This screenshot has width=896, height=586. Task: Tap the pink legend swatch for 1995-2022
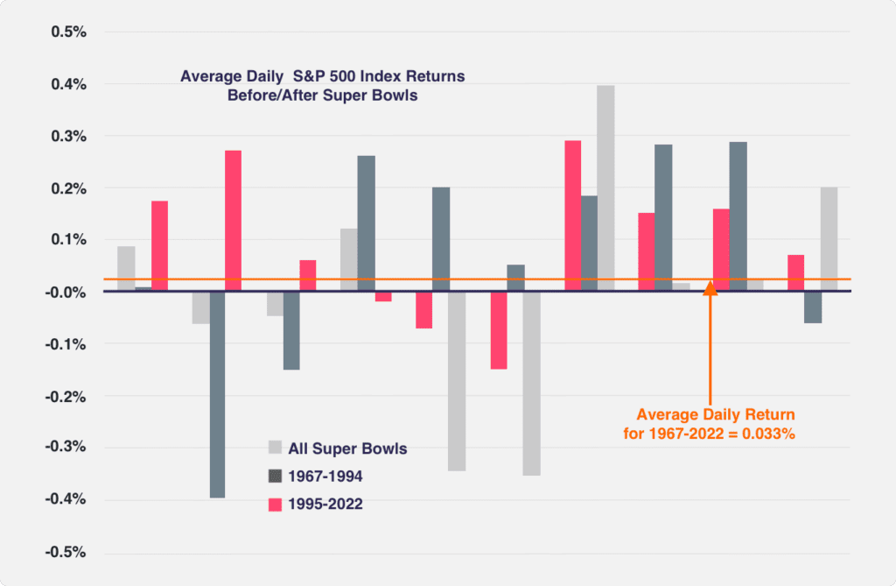(x=274, y=504)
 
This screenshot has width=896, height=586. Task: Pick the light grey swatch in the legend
(x=274, y=448)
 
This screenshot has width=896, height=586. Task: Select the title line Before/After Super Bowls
(x=322, y=95)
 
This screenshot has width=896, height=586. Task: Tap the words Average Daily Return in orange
(x=715, y=414)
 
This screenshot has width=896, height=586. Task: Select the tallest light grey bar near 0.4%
(x=605, y=188)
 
